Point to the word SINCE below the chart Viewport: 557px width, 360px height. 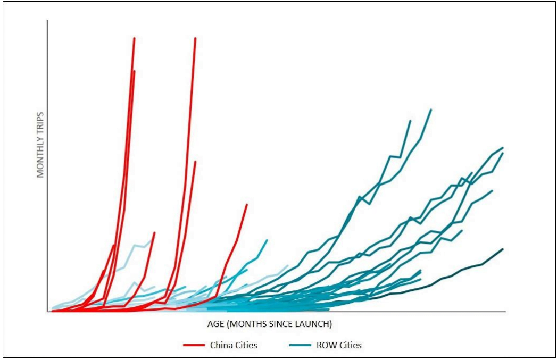(x=275, y=323)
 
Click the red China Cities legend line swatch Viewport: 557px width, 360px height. (x=194, y=345)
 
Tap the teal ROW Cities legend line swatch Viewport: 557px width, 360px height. (x=300, y=345)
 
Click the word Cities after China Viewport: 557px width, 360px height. (x=246, y=345)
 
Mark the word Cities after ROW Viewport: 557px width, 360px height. (x=349, y=345)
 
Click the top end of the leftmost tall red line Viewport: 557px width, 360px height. (x=134, y=38)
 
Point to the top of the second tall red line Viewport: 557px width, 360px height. (x=196, y=38)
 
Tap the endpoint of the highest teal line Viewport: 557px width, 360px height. (x=431, y=110)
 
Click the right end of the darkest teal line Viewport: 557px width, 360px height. (x=503, y=248)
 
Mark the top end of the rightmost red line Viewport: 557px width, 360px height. (x=247, y=204)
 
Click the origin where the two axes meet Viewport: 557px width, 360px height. (x=47, y=312)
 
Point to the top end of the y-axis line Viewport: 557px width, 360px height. (x=47, y=21)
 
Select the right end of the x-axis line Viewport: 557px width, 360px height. (x=505, y=312)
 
